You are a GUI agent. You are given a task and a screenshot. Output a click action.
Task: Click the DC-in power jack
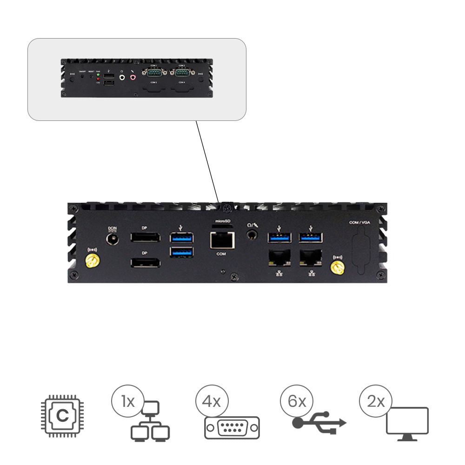coord(112,239)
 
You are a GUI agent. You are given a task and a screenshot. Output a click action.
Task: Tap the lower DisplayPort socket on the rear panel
coord(146,263)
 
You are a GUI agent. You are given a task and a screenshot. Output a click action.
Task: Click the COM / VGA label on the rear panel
coord(360,223)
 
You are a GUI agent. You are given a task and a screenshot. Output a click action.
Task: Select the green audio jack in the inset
coord(122,77)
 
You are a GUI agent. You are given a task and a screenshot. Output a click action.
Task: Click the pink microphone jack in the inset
coord(133,77)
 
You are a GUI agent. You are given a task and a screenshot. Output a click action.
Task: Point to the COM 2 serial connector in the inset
coord(182,72)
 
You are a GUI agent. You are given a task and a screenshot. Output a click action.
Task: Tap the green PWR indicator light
coord(98,75)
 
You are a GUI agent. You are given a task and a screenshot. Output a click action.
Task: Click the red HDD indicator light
coord(98,80)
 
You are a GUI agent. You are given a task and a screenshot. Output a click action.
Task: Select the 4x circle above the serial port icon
coord(212,401)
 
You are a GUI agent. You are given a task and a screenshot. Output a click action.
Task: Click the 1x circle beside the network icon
coord(128,401)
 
